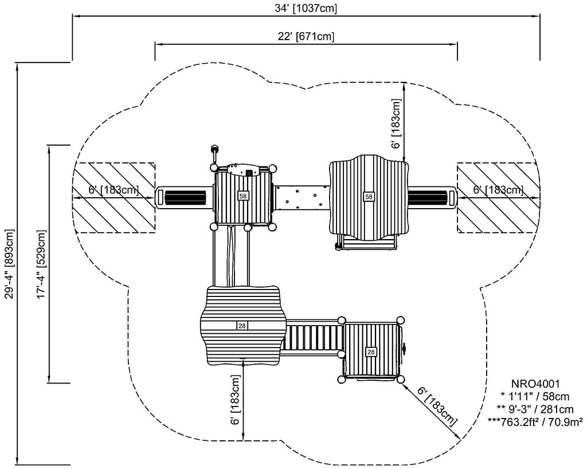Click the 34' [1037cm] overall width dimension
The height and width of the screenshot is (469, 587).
(x=306, y=8)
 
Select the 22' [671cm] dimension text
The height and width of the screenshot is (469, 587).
(x=306, y=36)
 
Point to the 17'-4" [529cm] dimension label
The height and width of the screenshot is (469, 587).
(x=41, y=264)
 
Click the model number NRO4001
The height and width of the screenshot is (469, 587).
(x=535, y=384)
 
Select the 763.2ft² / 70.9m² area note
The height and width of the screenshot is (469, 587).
(x=535, y=422)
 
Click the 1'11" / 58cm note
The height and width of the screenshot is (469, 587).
(x=535, y=396)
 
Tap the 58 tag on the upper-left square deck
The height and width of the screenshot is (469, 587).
(x=243, y=196)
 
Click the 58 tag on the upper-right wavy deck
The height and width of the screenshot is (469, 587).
(x=369, y=197)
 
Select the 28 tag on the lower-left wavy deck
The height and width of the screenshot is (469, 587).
(x=242, y=326)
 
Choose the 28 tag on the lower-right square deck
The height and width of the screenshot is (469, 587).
(x=371, y=352)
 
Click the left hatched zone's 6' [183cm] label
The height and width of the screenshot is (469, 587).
(x=114, y=190)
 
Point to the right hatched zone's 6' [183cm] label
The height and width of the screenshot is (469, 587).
(x=498, y=190)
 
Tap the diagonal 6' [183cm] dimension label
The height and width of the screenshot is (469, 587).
(x=438, y=407)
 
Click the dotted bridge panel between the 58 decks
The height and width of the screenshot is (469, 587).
(x=302, y=197)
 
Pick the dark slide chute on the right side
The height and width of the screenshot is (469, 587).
(x=428, y=197)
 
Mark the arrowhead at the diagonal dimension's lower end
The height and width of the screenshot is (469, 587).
(x=457, y=437)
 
